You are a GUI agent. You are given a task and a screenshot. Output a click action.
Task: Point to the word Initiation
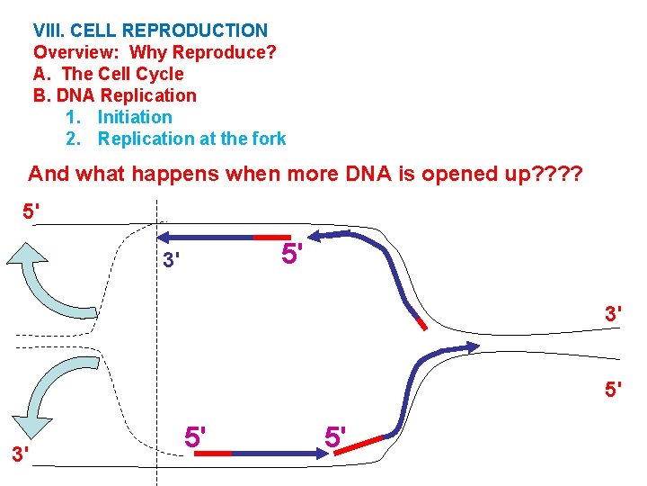(135, 117)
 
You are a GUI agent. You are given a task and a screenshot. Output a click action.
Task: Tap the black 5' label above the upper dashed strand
(31, 212)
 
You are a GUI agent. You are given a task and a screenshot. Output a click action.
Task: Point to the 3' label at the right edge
(614, 314)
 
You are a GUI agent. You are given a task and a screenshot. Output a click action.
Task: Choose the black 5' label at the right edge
(614, 390)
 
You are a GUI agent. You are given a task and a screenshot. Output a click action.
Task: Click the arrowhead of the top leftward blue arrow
(165, 237)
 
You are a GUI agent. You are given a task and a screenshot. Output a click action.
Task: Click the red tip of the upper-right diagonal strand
(420, 322)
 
